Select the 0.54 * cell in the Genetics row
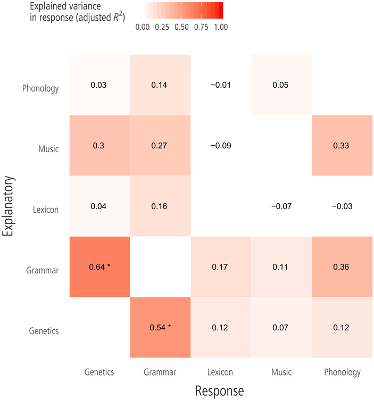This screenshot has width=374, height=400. tap(160, 327)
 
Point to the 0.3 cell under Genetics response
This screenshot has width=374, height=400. tap(99, 145)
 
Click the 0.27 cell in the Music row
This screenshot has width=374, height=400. tap(160, 145)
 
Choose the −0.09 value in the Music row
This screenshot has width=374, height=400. tap(220, 145)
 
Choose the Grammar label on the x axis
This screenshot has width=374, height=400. tap(160, 372)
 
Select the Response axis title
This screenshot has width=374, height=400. tap(219, 391)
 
